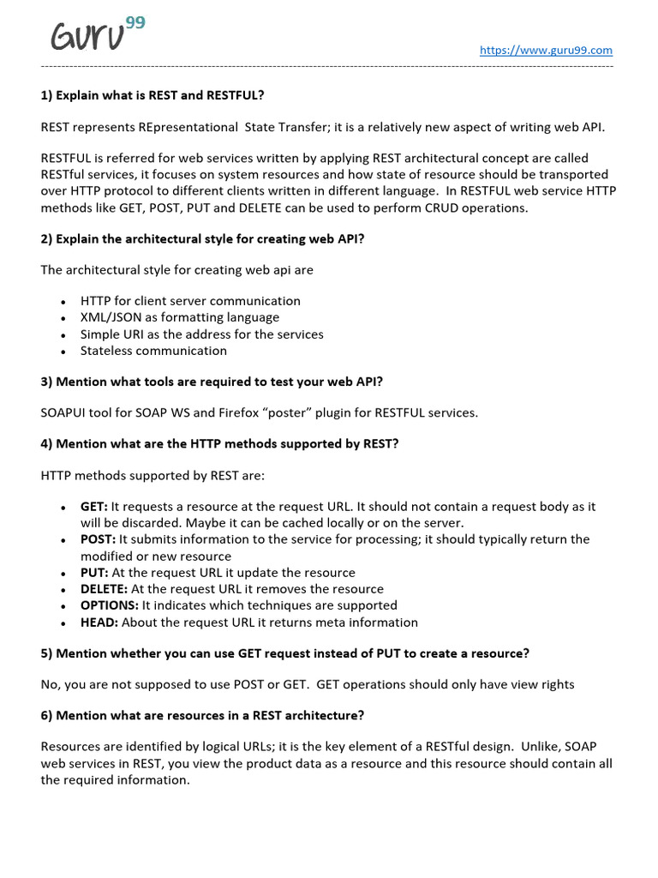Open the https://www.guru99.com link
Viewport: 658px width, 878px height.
tap(546, 51)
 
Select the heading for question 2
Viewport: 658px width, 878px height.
tap(202, 238)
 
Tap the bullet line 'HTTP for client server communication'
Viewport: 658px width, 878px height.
tap(190, 301)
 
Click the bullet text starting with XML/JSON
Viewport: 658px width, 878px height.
tap(179, 317)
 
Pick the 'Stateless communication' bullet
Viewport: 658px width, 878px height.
tap(153, 351)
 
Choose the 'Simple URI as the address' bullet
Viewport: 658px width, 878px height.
tap(201, 334)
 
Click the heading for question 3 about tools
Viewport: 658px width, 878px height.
tap(212, 382)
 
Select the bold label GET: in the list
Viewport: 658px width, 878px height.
tap(94, 507)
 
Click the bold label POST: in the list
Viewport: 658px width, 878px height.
tap(98, 539)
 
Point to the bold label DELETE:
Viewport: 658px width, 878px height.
tap(105, 589)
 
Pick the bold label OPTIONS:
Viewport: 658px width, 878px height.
tap(109, 605)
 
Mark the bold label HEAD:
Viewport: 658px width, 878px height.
tap(99, 622)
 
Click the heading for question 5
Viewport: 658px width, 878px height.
tap(284, 653)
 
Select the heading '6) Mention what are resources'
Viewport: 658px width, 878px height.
tap(202, 715)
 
